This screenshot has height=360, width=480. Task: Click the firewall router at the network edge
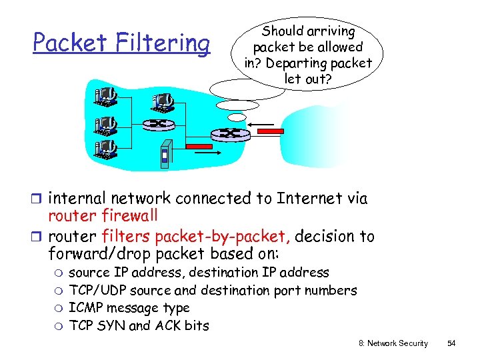tap(231, 134)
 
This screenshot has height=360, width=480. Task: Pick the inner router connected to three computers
tap(159, 124)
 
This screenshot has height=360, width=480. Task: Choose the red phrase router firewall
tap(103, 216)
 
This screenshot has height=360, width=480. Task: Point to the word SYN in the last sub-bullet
tap(111, 326)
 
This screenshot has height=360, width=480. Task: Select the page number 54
tap(451, 343)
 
